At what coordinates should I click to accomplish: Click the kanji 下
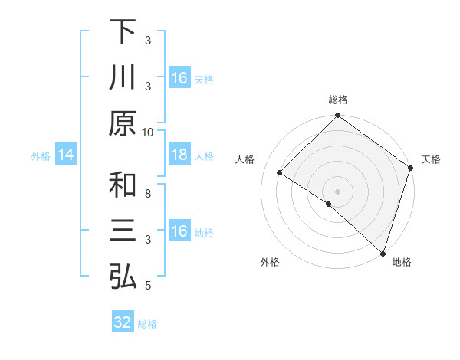point(123,32)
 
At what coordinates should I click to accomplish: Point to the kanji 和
point(123,185)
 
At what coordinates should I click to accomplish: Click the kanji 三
point(123,231)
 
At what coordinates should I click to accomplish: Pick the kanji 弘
point(123,277)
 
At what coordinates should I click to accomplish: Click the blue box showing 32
point(123,322)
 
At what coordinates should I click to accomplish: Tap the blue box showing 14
point(65,155)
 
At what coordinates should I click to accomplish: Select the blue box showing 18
point(179,155)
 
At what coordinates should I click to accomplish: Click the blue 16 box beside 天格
point(179,78)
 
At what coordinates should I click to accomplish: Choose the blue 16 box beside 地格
point(179,231)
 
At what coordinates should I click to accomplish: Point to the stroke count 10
point(148,131)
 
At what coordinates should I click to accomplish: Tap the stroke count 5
point(148,286)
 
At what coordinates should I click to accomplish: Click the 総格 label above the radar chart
point(338,100)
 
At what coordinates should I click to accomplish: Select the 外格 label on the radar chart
point(270,262)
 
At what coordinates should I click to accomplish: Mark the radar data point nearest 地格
point(383,253)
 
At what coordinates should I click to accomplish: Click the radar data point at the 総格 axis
point(338,116)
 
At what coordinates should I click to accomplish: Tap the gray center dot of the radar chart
point(338,190)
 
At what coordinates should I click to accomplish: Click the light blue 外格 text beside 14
point(41,156)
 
